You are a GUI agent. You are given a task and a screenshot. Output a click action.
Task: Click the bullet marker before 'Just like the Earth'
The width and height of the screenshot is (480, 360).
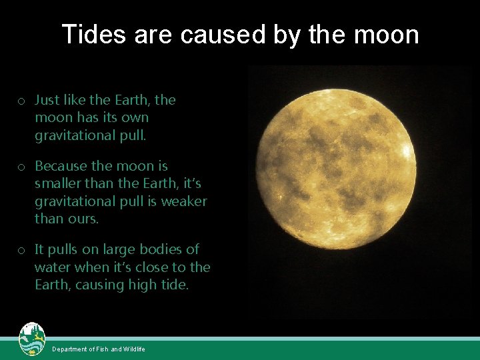click(x=22, y=101)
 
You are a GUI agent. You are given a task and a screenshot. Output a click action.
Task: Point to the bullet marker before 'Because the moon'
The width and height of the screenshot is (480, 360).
click(x=22, y=167)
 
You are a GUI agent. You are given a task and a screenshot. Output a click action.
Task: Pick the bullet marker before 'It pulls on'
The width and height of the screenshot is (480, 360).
click(x=22, y=251)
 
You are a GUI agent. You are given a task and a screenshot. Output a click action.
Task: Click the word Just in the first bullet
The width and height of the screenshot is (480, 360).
click(x=47, y=100)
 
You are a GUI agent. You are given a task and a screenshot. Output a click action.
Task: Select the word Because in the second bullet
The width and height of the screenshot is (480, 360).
click(x=62, y=165)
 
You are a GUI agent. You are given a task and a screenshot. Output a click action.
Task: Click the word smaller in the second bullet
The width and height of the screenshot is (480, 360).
click(x=59, y=183)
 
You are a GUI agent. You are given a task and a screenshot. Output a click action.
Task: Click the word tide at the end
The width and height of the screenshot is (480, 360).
click(x=173, y=285)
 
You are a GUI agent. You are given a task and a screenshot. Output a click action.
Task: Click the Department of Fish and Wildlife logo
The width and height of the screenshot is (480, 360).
click(x=32, y=339)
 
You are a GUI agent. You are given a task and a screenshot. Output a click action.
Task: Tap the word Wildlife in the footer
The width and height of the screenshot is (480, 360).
click(x=134, y=349)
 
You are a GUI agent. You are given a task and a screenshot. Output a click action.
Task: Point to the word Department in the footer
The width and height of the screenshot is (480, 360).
click(x=70, y=349)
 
